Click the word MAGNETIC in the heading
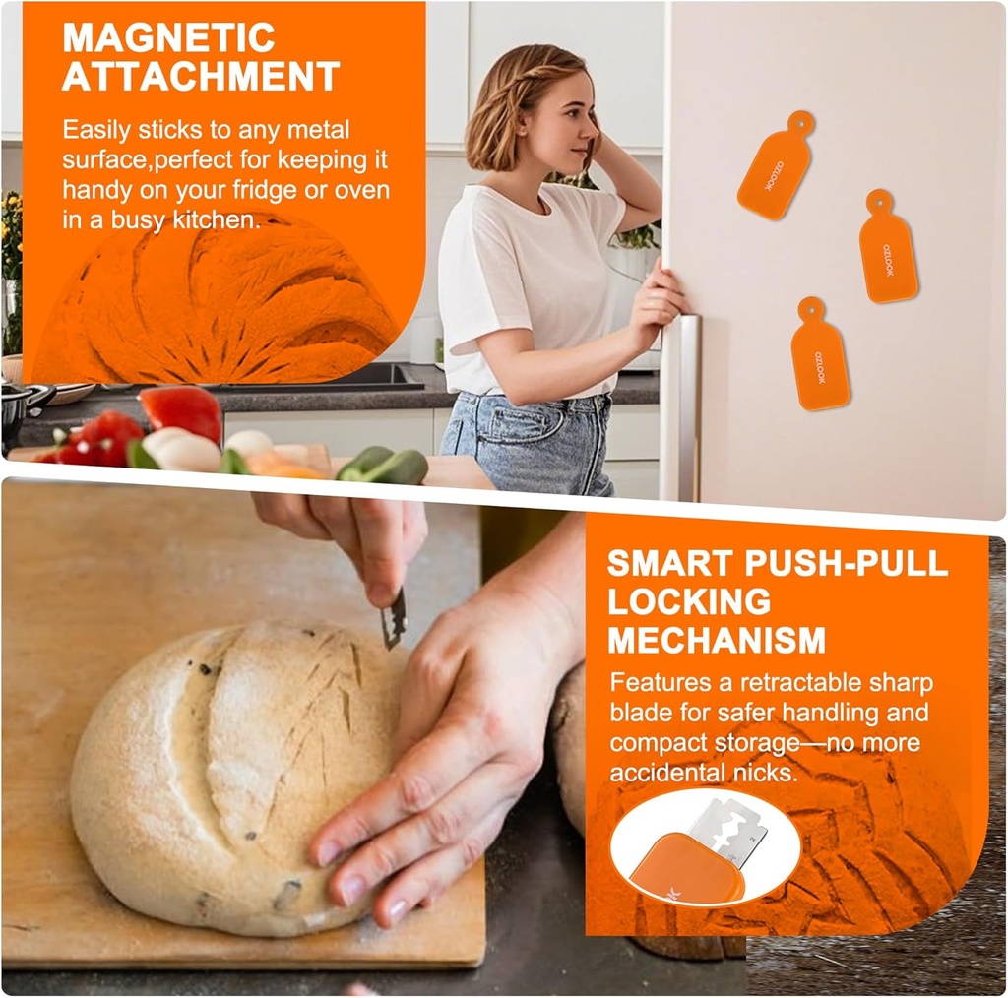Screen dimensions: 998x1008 [x=169, y=37]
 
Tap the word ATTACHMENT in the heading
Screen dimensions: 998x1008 [x=201, y=77]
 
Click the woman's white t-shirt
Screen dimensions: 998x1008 [x=522, y=285]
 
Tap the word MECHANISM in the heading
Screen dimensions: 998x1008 [x=717, y=641]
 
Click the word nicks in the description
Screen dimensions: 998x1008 [x=759, y=773]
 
